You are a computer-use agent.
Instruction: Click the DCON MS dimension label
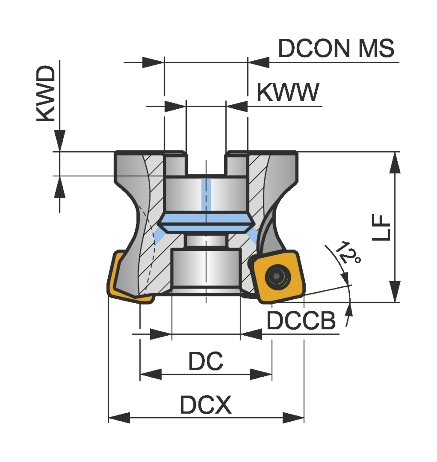336,48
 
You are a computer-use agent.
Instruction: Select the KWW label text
288,92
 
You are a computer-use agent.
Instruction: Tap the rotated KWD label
46,93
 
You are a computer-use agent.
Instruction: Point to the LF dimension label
381,228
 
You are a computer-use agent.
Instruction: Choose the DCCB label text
301,321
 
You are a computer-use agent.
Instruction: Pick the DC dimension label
206,361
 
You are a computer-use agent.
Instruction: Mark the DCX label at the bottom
206,405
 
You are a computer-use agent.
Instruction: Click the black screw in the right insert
277,276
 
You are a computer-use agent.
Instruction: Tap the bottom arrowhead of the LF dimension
395,291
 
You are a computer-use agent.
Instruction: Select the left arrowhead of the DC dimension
151,374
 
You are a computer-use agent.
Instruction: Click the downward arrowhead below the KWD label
60,140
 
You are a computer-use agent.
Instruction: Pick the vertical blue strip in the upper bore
206,194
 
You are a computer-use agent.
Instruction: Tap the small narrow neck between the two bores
206,241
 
